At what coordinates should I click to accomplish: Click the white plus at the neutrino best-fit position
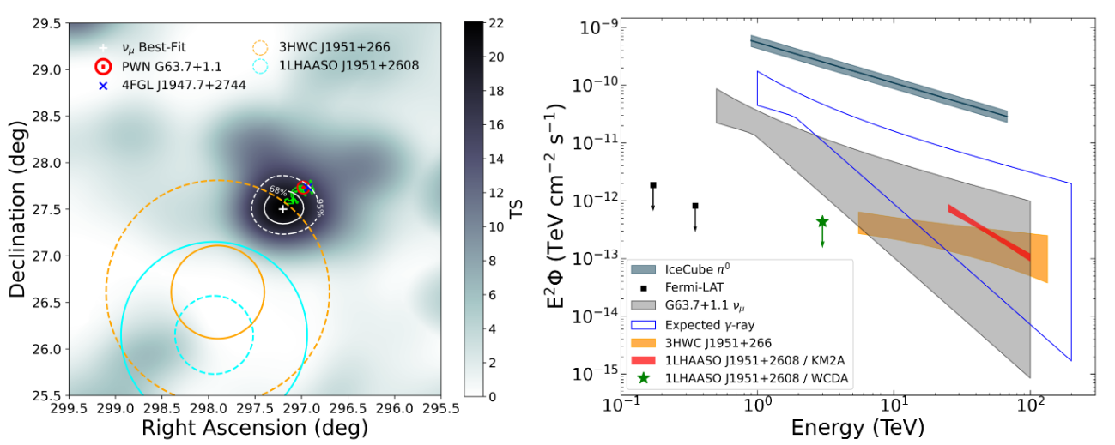[282, 208]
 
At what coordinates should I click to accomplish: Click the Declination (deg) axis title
[17, 209]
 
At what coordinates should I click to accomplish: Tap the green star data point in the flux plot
[822, 221]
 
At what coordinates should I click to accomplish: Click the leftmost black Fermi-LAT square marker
[653, 185]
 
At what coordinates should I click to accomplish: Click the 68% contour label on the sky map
[277, 191]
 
